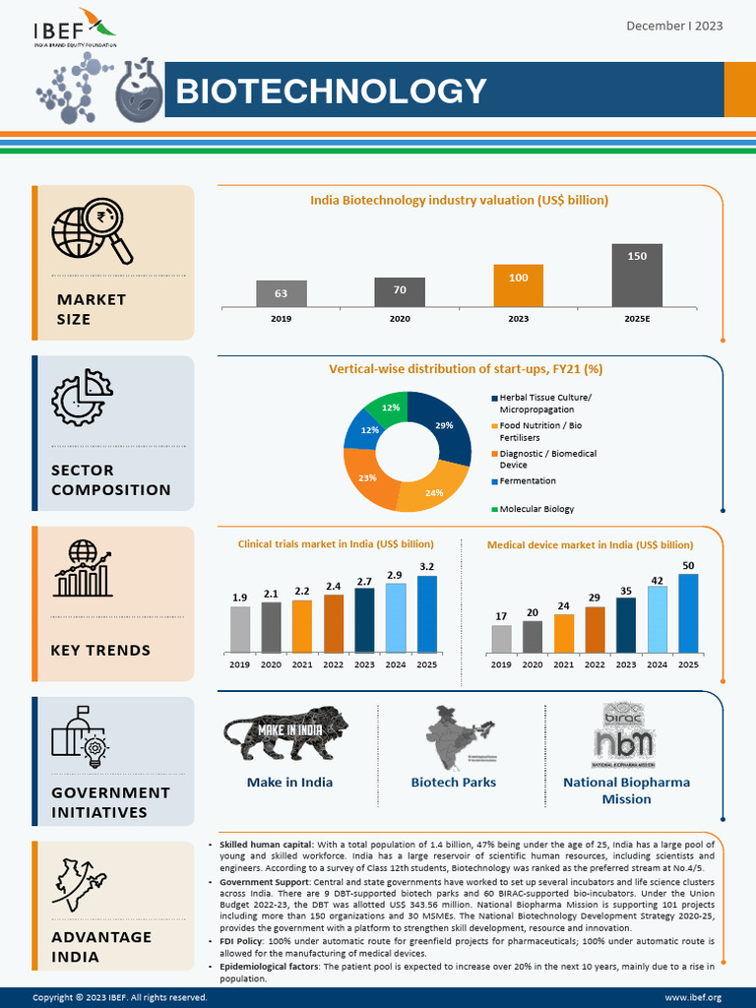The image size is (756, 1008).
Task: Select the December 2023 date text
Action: (674, 25)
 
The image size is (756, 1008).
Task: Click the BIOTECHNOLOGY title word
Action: (331, 92)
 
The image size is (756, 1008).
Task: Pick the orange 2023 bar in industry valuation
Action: (518, 286)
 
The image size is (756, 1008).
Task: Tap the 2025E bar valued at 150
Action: (637, 276)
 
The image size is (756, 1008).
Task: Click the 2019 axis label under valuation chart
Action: (281, 319)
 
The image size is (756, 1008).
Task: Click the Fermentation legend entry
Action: (527, 481)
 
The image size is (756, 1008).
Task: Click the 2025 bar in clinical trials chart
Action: (426, 614)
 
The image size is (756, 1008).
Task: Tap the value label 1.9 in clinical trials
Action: (240, 598)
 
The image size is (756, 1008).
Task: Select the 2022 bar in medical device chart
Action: (595, 630)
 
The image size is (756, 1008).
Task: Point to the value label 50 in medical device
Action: (688, 566)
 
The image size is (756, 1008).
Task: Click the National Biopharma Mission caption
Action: (626, 790)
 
